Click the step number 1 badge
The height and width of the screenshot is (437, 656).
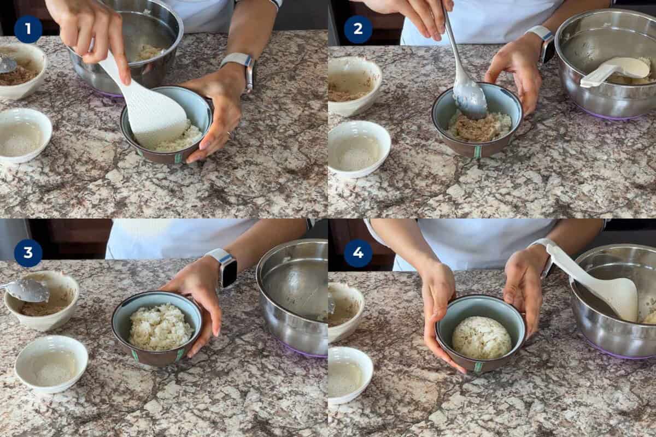pos(28,29)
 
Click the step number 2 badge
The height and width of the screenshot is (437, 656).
pos(358,29)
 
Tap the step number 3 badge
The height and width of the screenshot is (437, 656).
pos(28,253)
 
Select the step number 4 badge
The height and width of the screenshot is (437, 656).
pos(358,253)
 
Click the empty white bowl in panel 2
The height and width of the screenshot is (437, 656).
pos(359,147)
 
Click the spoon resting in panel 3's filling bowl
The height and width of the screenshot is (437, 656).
pos(27,290)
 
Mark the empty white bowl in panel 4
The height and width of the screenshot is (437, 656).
pos(350,375)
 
